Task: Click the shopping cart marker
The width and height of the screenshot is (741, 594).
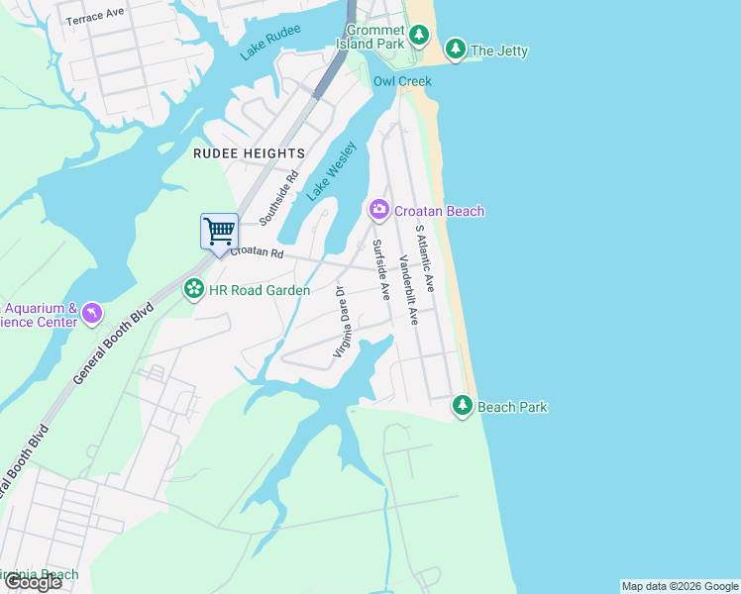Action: pyautogui.click(x=219, y=232)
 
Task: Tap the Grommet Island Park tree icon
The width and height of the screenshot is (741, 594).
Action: pyautogui.click(x=419, y=37)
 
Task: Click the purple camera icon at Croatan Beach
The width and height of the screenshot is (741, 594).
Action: pyautogui.click(x=378, y=209)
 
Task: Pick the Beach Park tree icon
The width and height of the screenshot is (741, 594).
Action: pyautogui.click(x=463, y=405)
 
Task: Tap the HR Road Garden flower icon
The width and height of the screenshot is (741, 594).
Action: pyautogui.click(x=193, y=289)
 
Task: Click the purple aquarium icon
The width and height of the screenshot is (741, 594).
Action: pyautogui.click(x=91, y=313)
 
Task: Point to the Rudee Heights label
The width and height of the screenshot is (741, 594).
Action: pyautogui.click(x=249, y=153)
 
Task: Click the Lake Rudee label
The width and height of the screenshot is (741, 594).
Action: pyautogui.click(x=270, y=44)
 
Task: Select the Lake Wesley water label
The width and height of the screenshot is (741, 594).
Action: pyautogui.click(x=331, y=171)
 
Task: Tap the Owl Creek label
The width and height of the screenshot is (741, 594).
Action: pyautogui.click(x=397, y=81)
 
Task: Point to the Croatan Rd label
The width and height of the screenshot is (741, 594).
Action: pyautogui.click(x=258, y=253)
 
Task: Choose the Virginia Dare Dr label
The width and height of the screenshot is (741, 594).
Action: pyautogui.click(x=342, y=322)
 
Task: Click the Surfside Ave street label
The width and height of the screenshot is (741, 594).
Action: pyautogui.click(x=380, y=269)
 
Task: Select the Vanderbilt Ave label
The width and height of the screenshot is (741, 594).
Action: pyautogui.click(x=408, y=290)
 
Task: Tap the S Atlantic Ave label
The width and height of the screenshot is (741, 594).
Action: pyautogui.click(x=425, y=257)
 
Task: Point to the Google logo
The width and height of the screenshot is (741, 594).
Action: pyautogui.click(x=33, y=582)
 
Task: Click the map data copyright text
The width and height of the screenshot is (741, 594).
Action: pyautogui.click(x=679, y=586)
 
